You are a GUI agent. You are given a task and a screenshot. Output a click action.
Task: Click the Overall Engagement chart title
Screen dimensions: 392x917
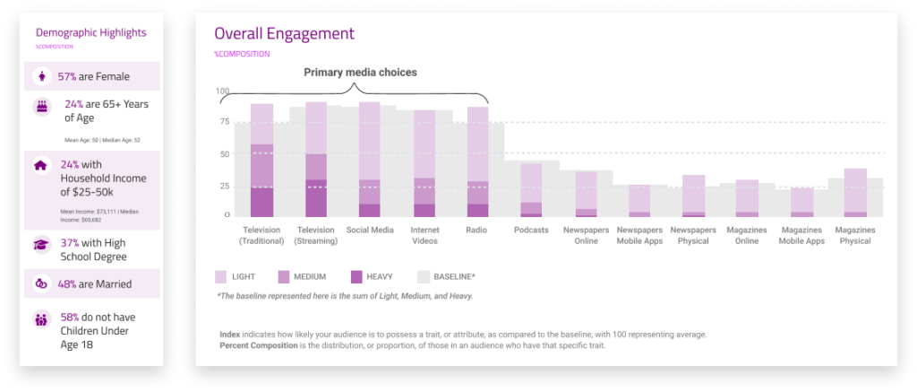click(x=284, y=34)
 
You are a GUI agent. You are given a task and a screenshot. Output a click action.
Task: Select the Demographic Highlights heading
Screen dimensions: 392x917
click(x=90, y=31)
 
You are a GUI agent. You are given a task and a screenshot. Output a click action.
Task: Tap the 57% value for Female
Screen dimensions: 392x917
click(x=66, y=77)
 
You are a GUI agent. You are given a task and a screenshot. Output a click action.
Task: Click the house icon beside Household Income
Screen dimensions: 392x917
click(x=41, y=166)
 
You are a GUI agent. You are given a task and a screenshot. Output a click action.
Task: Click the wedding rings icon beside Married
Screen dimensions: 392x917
click(x=41, y=284)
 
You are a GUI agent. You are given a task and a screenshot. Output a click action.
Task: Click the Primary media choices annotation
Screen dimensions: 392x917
click(x=360, y=72)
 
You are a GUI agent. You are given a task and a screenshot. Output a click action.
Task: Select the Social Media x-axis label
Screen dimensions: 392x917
click(x=370, y=231)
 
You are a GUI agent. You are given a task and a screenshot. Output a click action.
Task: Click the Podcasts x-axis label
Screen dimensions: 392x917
click(x=532, y=231)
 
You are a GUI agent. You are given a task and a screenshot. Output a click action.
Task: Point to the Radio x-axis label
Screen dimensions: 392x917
click(x=477, y=231)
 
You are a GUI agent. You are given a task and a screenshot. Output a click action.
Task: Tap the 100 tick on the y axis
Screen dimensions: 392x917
click(x=223, y=91)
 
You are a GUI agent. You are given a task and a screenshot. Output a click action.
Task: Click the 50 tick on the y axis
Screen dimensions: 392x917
click(x=225, y=154)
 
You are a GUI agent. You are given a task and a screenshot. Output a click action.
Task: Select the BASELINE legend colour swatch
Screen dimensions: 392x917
click(x=424, y=277)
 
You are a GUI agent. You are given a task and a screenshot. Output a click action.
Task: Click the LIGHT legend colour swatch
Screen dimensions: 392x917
click(x=221, y=277)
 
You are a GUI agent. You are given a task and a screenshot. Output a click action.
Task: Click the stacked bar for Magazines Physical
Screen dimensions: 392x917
click(x=855, y=192)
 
